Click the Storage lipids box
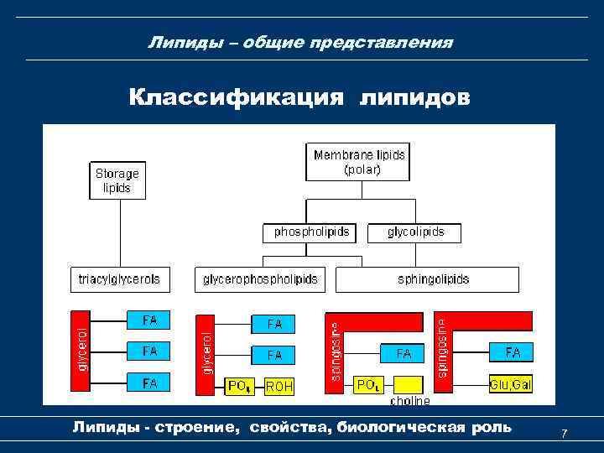pyautogui.click(x=117, y=180)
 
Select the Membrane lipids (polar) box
pyautogui.click(x=358, y=162)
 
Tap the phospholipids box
pyautogui.click(x=311, y=232)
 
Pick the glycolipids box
pyautogui.click(x=415, y=232)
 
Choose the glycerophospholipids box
pyautogui.click(x=261, y=279)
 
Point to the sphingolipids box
pyautogui.click(x=427, y=279)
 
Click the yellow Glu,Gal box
pyautogui.click(x=510, y=384)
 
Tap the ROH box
pyautogui.click(x=279, y=386)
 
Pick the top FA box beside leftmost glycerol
pyautogui.click(x=149, y=320)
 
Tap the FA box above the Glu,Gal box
pyautogui.click(x=512, y=352)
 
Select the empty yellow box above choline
pyautogui.click(x=409, y=384)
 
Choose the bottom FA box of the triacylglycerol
pyautogui.click(x=149, y=383)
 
